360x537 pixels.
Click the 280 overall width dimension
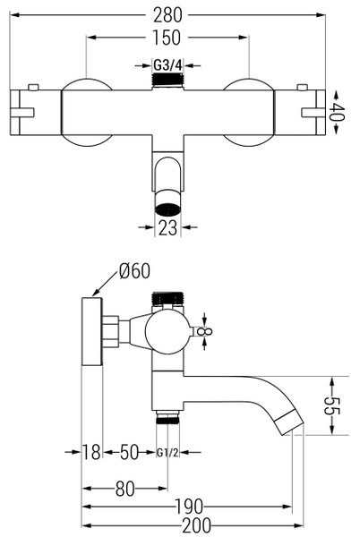coord(167,15)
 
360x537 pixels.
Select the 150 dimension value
coord(167,38)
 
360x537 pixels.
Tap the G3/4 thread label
coord(167,64)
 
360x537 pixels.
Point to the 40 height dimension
coord(336,112)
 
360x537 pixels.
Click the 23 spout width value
coord(167,227)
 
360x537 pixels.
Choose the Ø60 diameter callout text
coord(134,271)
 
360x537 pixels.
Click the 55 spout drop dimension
coord(331,405)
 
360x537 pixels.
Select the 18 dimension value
coord(91,452)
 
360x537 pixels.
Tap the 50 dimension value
coord(130,452)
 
